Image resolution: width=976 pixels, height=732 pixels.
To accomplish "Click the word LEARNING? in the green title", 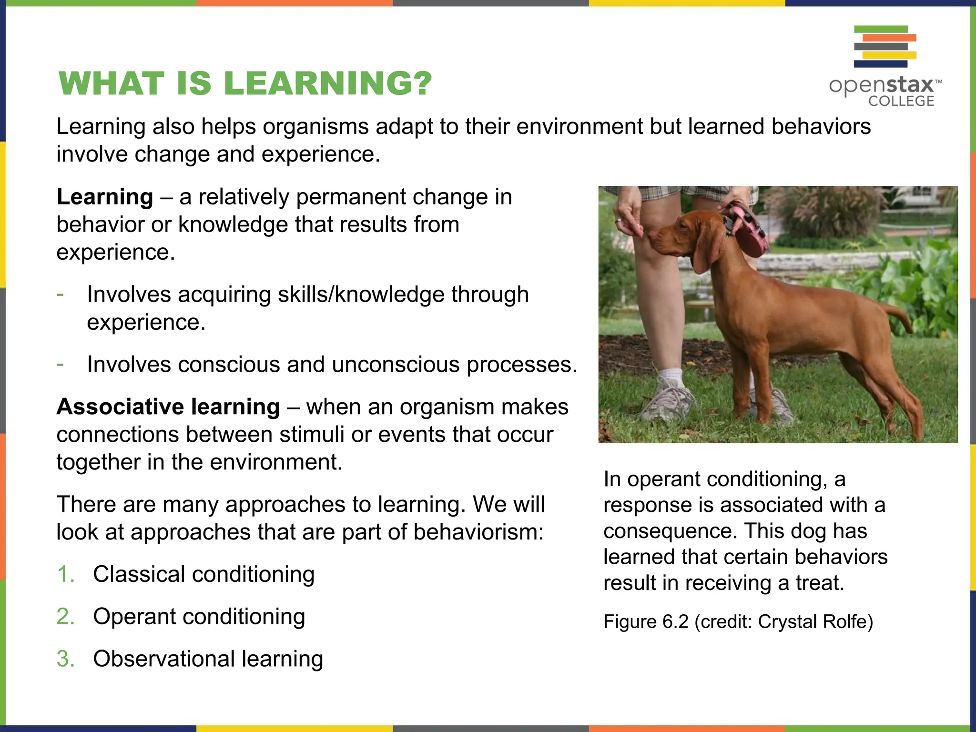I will click(x=327, y=83).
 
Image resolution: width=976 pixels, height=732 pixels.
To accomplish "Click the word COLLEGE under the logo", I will click(x=901, y=101).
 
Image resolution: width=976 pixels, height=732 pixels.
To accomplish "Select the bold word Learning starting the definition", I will click(x=105, y=197).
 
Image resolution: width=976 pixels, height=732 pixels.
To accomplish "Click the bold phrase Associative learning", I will click(x=168, y=407).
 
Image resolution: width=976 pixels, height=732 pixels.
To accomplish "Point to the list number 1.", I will click(x=65, y=574).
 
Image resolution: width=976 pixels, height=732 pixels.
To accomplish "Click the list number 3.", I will click(x=65, y=659).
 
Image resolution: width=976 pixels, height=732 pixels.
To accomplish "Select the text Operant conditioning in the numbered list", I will click(x=199, y=617).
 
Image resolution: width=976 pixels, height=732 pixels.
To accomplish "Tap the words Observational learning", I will click(x=208, y=659).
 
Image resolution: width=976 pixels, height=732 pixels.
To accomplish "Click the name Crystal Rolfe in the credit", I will click(x=815, y=622).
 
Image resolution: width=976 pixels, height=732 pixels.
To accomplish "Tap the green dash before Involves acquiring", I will click(x=60, y=295).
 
